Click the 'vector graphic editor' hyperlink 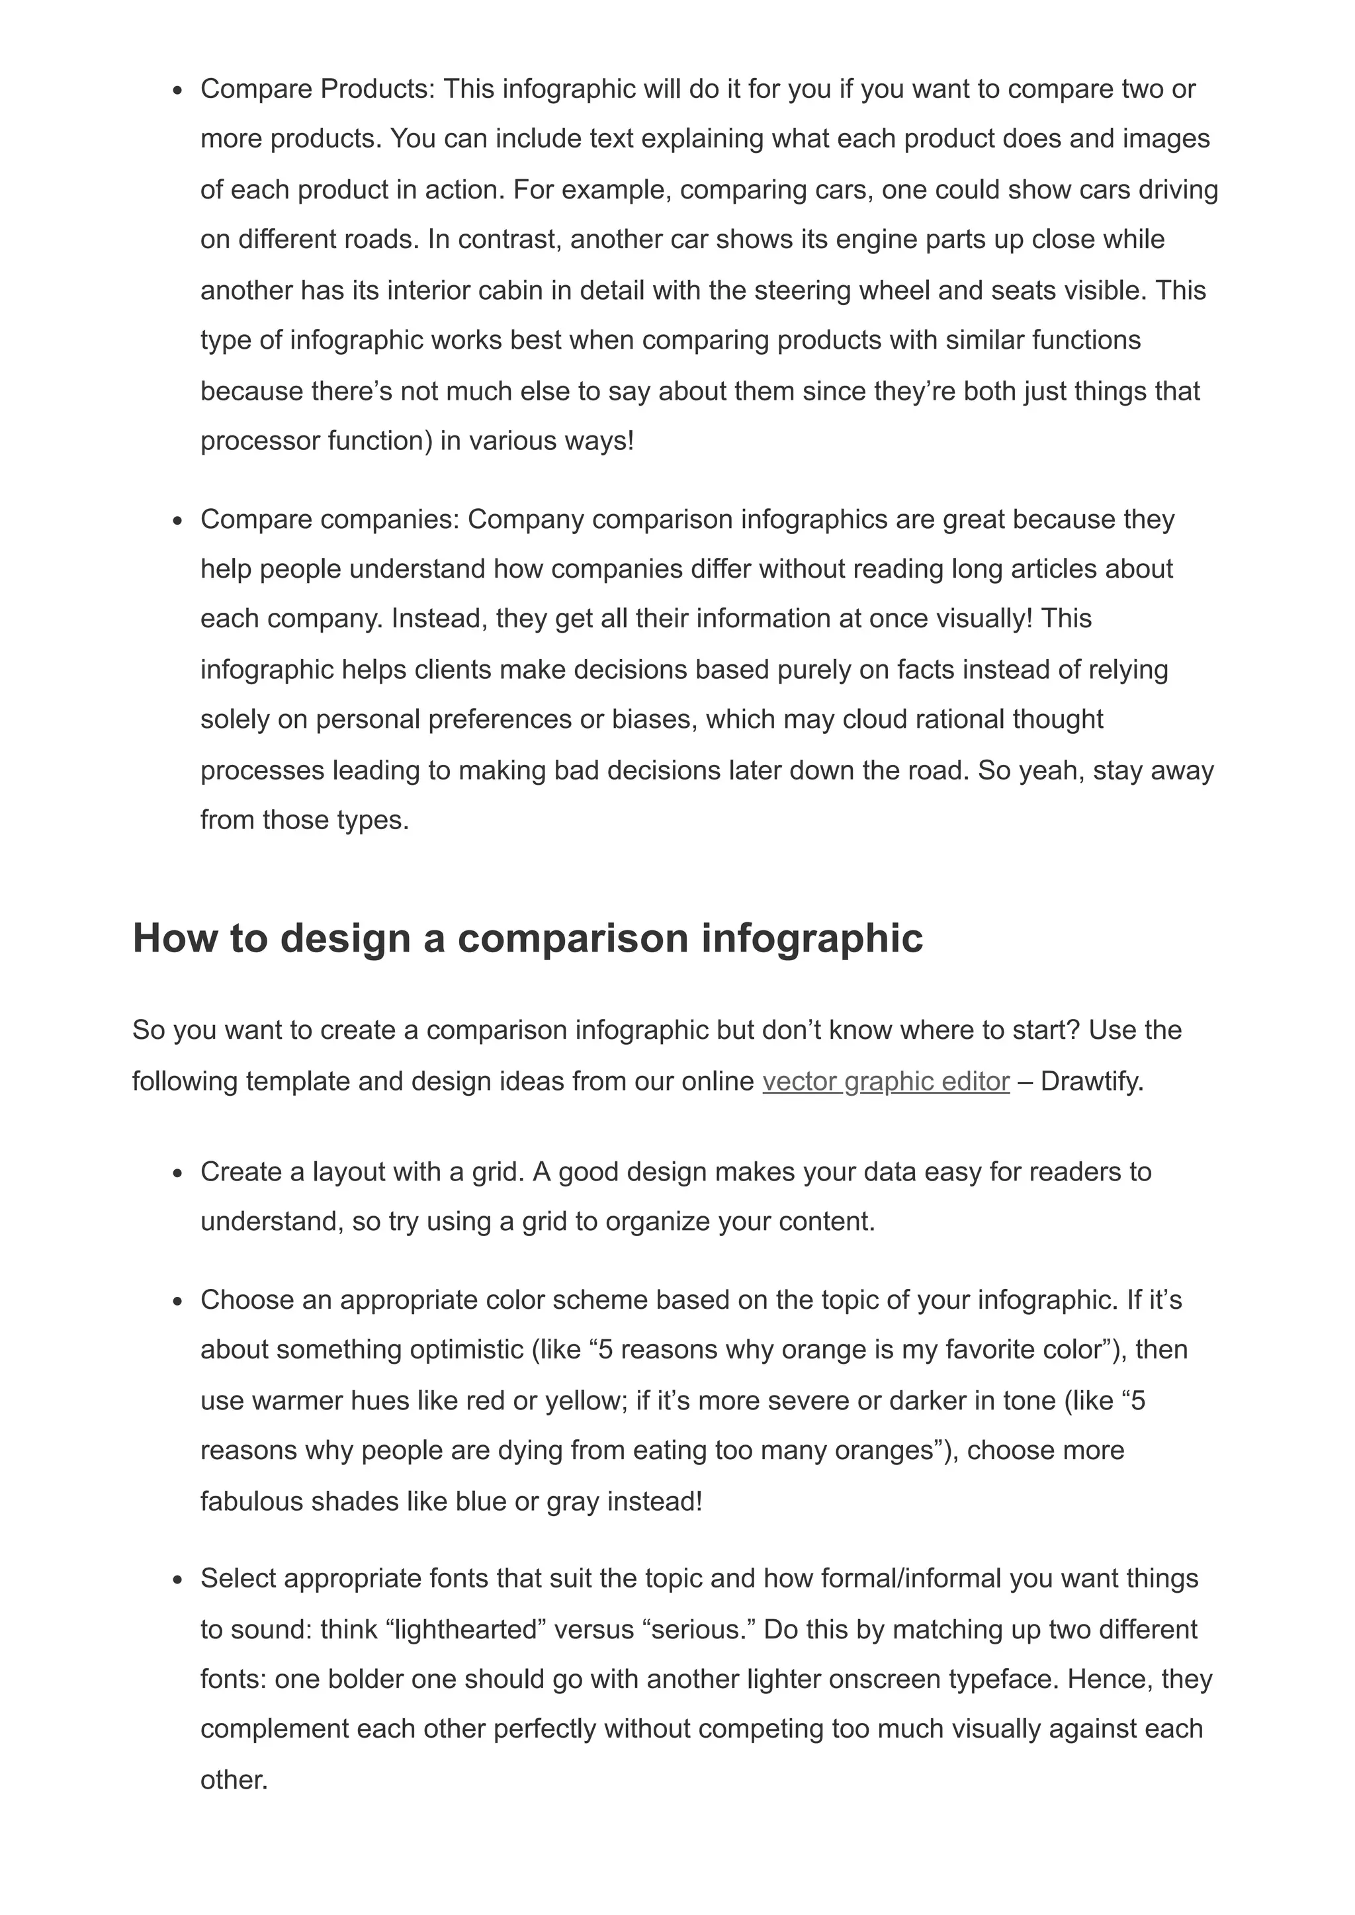(x=885, y=1081)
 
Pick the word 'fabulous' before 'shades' (x=251, y=1501)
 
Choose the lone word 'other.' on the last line (x=234, y=1780)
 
